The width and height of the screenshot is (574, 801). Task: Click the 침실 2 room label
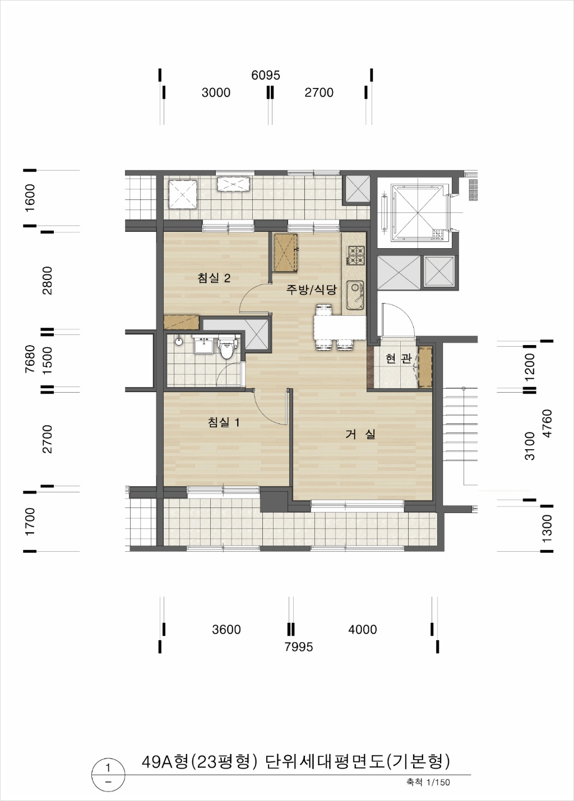point(214,278)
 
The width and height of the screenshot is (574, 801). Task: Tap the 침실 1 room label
point(224,422)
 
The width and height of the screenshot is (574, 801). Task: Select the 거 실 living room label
point(360,434)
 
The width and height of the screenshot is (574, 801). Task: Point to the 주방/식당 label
point(311,289)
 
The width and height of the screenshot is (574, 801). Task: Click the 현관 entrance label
point(399,358)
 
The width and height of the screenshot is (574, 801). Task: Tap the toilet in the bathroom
point(225,346)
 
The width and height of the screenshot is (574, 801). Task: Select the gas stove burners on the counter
point(355,255)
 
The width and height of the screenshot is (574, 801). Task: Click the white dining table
point(340,327)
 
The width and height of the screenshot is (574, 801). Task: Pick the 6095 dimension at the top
point(266,75)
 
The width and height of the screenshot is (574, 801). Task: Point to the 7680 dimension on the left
point(30,358)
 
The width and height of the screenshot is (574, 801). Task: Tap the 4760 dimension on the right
point(548,423)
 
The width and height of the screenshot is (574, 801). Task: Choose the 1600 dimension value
point(30,198)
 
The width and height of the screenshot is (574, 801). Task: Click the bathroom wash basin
point(203,344)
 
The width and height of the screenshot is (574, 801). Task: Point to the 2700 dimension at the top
point(319,92)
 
